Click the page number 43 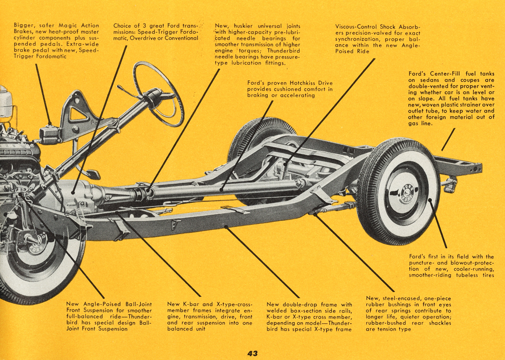(x=252, y=353)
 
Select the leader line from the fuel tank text (x=448, y=140)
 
